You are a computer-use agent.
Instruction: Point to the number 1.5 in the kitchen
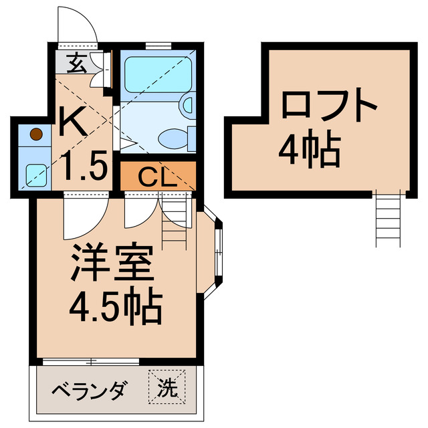[83, 165]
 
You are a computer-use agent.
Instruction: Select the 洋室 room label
[113, 263]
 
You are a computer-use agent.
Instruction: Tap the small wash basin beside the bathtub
[187, 104]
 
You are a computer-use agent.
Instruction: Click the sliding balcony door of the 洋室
[90, 361]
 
